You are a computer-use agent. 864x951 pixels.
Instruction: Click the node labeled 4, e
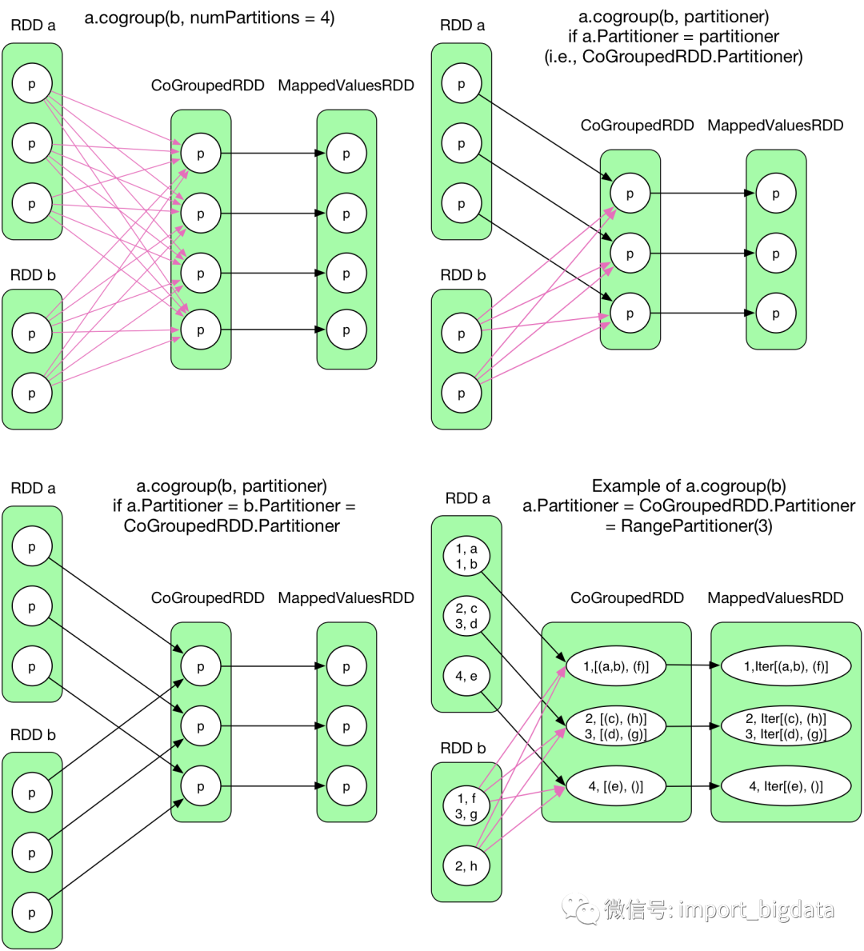tap(466, 676)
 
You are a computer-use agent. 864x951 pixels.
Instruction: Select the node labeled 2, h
tap(466, 865)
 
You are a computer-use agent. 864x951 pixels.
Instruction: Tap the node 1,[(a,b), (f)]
tap(616, 665)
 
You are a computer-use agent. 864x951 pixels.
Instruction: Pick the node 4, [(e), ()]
tap(616, 786)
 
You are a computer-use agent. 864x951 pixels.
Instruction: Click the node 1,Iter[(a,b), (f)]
tap(786, 665)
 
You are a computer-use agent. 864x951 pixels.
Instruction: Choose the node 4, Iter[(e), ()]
tap(786, 786)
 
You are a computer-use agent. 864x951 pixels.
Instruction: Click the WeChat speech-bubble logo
tap(580, 909)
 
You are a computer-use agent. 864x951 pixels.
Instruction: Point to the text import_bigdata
tap(756, 909)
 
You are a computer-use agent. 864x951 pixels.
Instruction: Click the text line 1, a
tap(466, 549)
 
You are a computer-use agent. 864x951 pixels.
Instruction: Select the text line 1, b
tap(466, 564)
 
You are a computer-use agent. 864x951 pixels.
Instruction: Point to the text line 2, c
tap(466, 609)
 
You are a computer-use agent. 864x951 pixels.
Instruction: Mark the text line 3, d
tap(466, 624)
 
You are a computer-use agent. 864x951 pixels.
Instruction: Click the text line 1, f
tap(466, 798)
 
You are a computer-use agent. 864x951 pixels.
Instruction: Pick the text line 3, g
tap(466, 814)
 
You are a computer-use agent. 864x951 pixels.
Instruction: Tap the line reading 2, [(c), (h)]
tap(616, 718)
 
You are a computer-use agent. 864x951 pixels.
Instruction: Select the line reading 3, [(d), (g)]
tap(616, 734)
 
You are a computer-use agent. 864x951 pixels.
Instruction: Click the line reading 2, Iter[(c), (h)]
tap(786, 718)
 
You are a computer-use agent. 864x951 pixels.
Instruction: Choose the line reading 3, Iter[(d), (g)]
tap(786, 734)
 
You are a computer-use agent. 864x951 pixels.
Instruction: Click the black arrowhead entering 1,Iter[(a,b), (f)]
tap(716, 665)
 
